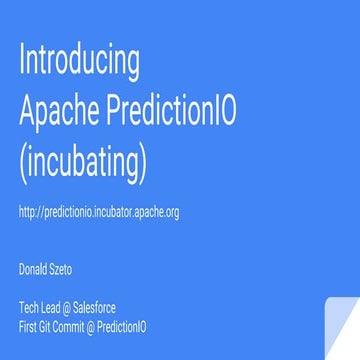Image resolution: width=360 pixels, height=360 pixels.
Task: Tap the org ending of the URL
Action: click(x=171, y=213)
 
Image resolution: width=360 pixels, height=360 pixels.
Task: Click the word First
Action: click(x=29, y=327)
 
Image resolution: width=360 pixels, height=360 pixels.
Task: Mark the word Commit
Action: click(x=78, y=327)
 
